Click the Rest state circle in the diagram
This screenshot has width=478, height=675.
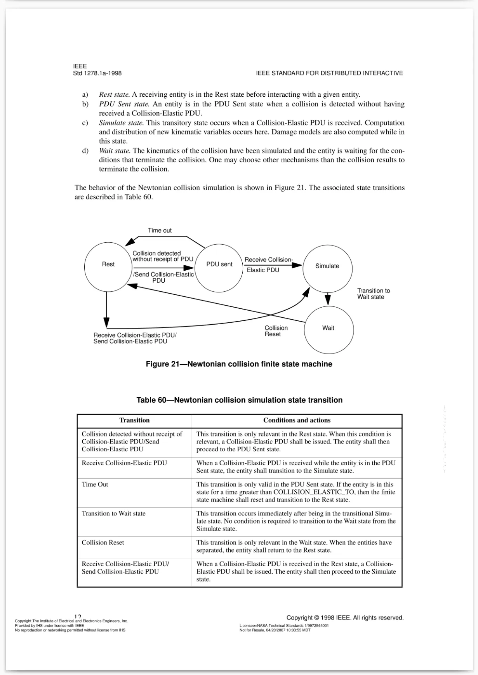click(108, 267)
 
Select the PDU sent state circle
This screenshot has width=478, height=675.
click(219, 268)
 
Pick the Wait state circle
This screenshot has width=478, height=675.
click(329, 330)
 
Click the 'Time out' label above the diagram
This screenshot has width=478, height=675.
click(160, 230)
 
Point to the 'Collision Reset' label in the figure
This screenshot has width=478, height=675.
click(276, 331)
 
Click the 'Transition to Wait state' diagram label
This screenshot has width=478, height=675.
click(373, 294)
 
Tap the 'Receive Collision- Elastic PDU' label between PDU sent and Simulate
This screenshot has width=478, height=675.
click(268, 264)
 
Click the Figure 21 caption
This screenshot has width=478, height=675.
click(239, 364)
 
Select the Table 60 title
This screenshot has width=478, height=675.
click(239, 400)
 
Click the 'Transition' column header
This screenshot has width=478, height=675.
click(134, 420)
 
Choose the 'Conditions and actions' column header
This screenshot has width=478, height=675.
click(297, 420)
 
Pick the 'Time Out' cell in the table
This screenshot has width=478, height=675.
click(95, 484)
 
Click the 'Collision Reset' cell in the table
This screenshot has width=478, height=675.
click(103, 543)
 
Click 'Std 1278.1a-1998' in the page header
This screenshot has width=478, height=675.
click(97, 73)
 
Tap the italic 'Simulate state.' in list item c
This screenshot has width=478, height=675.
click(121, 123)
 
